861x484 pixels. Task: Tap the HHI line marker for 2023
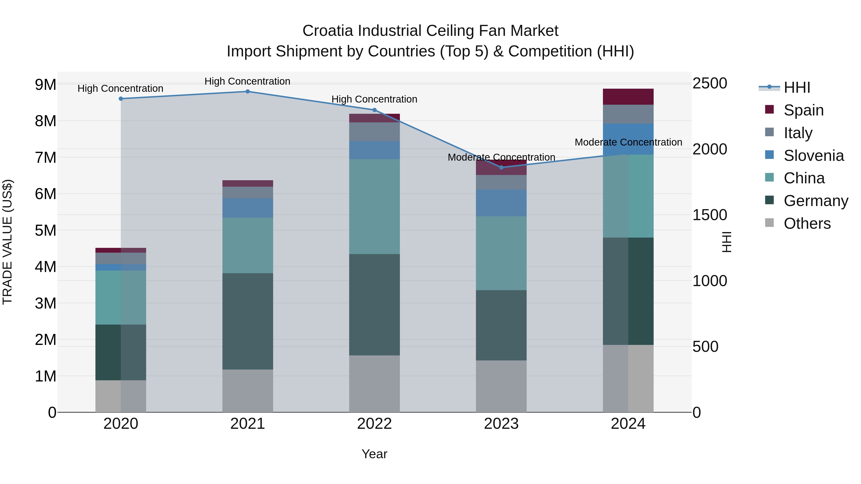[501, 167]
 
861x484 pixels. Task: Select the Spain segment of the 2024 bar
[628, 97]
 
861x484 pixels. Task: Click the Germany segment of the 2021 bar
[248, 321]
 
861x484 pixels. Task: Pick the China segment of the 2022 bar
[374, 207]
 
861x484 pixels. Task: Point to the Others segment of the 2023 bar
[501, 386]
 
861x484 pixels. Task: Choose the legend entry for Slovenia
[814, 156]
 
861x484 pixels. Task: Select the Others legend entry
[807, 223]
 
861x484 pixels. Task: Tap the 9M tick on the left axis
[45, 85]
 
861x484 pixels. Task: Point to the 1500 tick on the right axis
[709, 215]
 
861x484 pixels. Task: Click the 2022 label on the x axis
[374, 424]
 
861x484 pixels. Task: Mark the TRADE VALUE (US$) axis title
[8, 242]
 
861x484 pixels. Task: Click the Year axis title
[374, 454]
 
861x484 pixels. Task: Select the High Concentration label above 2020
[120, 88]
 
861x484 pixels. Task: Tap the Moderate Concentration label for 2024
[628, 142]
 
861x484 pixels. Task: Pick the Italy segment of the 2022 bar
[374, 132]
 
